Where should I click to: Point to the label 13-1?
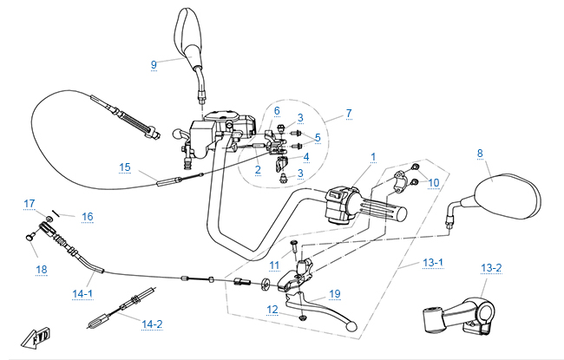[x=431, y=261]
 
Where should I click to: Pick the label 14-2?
[x=152, y=324]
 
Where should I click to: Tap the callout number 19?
[x=335, y=294]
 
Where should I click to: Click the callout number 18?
[x=42, y=270]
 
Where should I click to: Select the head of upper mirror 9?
[x=188, y=32]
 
